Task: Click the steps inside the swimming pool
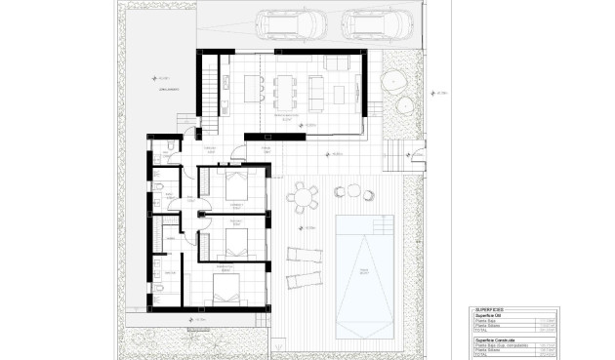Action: click(x=364, y=327)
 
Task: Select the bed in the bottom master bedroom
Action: click(x=230, y=288)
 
